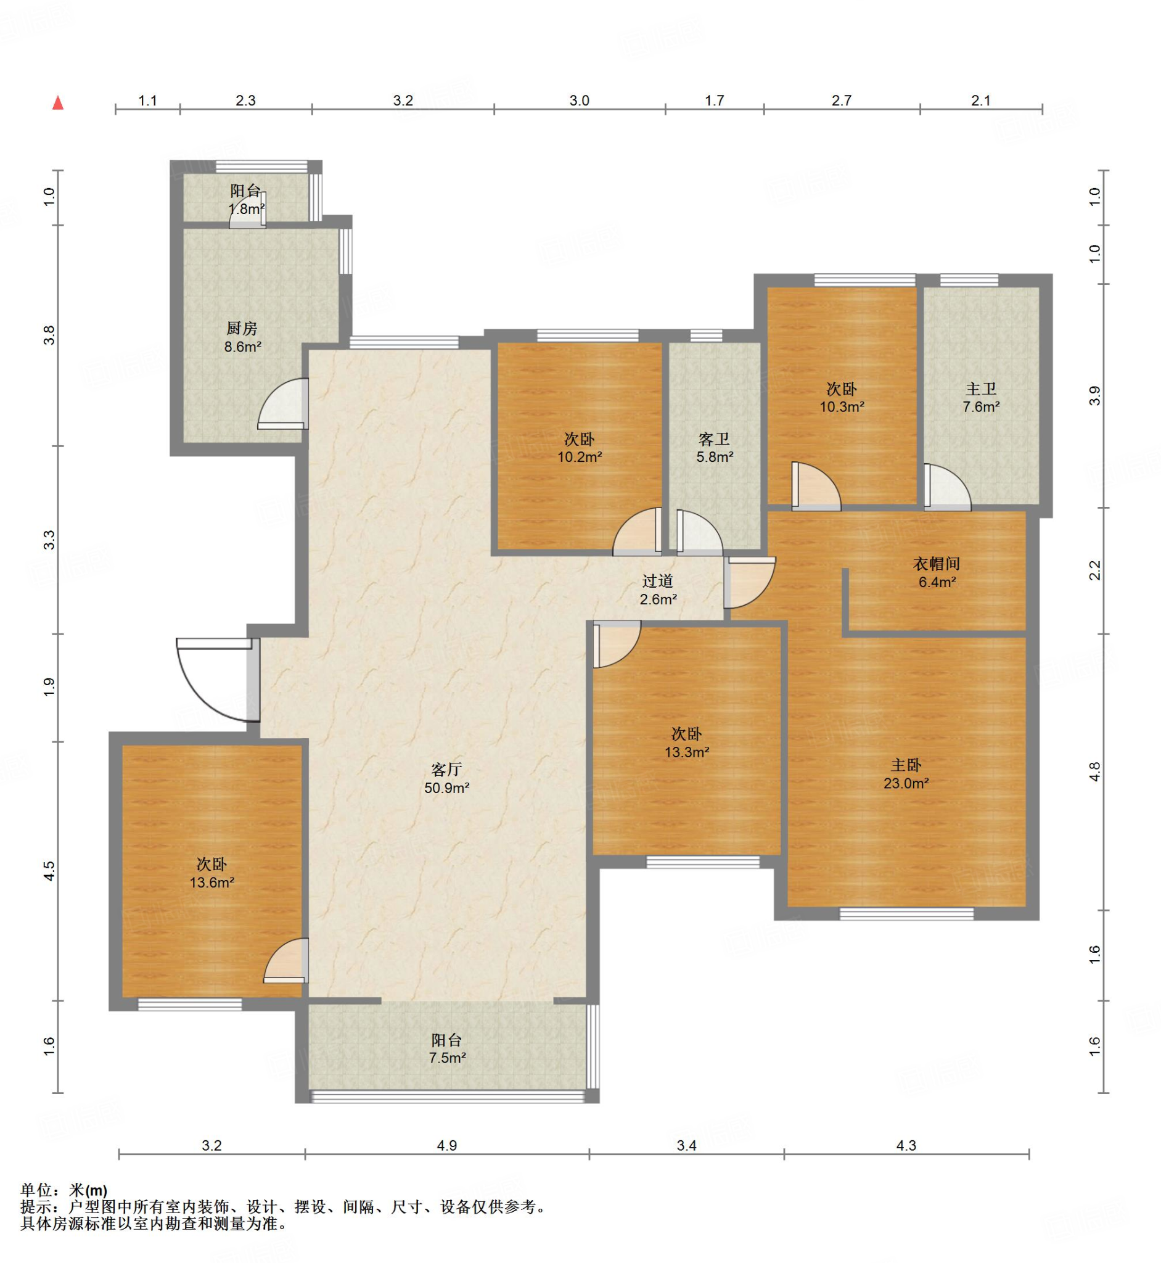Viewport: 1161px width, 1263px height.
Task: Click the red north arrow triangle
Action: pos(58,102)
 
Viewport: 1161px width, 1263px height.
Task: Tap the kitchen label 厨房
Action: pos(242,328)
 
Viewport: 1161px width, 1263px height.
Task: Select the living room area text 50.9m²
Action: pos(446,788)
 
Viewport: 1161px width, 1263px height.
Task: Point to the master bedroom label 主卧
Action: pos(906,765)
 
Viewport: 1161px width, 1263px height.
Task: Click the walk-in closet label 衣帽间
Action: pos(937,564)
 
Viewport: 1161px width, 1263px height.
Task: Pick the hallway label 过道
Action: pos(658,581)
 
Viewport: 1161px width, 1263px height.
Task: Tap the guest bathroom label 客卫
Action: pos(715,439)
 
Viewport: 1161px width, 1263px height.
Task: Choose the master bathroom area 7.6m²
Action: pos(981,407)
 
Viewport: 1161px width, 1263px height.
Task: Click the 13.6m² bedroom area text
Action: pos(211,883)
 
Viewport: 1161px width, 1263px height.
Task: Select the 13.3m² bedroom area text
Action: pos(687,752)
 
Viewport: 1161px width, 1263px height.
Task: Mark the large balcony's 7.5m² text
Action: pos(447,1058)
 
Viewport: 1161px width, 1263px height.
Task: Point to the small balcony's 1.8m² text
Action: pos(246,209)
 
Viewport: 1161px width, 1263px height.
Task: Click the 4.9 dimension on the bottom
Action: pos(446,1145)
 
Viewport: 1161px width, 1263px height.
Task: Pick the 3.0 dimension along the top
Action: pos(579,101)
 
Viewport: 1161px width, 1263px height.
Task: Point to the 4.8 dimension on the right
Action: pos(1095,771)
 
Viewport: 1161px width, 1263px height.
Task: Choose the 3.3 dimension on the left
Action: pos(49,540)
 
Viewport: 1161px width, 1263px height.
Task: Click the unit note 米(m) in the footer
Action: pos(88,1190)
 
